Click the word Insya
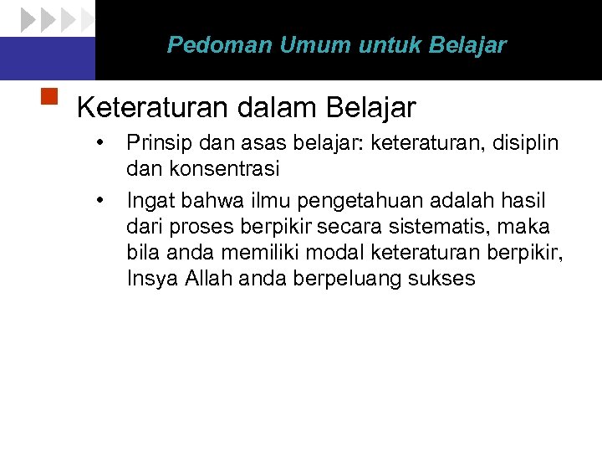(x=149, y=279)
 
